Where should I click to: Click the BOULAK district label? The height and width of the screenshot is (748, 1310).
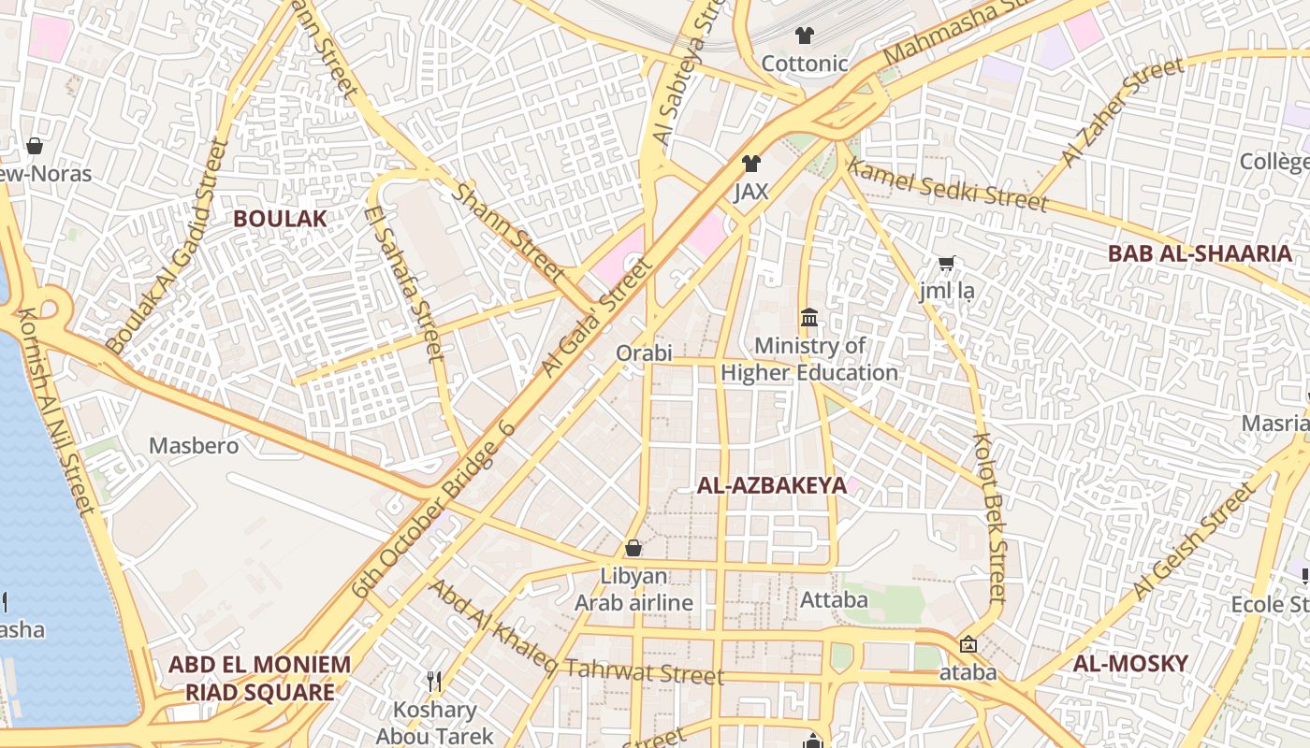pos(280,219)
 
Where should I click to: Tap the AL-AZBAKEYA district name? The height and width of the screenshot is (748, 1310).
pos(771,485)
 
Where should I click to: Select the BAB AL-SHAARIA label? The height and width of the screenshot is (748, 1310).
pos(1200,253)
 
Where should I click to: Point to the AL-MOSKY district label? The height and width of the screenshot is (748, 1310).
pos(1130,664)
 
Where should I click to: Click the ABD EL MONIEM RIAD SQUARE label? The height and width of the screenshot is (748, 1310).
pos(259,679)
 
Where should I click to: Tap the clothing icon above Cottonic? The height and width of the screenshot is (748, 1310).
pos(804,36)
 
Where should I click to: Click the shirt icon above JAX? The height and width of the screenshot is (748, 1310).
pos(750,165)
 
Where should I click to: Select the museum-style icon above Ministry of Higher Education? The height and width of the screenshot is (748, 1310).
pos(809,319)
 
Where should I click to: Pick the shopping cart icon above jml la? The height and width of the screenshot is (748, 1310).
pos(946,265)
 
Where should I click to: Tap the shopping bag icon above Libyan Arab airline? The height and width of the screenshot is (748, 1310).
pos(633,548)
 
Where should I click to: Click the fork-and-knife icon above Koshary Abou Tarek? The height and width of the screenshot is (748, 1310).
pos(434,682)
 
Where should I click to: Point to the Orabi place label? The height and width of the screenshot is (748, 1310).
pos(644,353)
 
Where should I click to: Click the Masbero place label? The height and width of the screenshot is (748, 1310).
pos(194,446)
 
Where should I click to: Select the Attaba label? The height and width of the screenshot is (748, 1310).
pos(834,599)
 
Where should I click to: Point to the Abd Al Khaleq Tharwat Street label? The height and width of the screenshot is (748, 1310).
pos(575,634)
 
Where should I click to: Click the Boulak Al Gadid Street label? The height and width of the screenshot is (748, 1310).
pos(167,247)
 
